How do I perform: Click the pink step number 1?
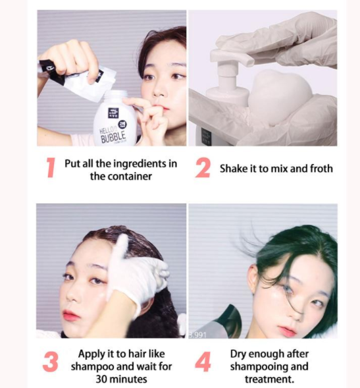[x=51, y=168]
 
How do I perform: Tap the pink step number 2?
[x=203, y=168]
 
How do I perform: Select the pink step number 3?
[x=51, y=362]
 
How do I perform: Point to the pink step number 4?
[x=203, y=362]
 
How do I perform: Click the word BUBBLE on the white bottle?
[x=113, y=137]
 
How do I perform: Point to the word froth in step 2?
[x=321, y=169]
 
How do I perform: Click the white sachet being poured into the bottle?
[x=77, y=78]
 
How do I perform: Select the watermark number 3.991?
[x=197, y=335]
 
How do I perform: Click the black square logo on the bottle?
[x=113, y=113]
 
